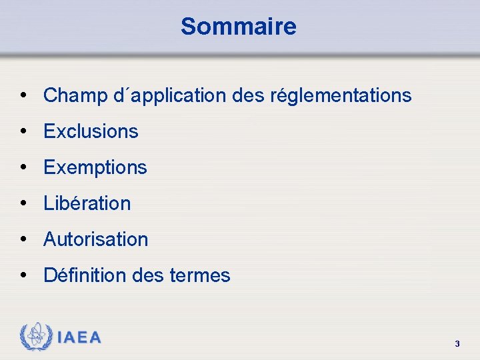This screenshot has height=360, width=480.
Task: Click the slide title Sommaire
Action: tap(238, 27)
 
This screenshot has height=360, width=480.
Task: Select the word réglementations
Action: tap(341, 96)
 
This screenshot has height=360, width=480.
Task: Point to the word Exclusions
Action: tap(91, 131)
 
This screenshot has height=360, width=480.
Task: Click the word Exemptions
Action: tap(95, 167)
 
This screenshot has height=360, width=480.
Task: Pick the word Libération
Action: tap(87, 203)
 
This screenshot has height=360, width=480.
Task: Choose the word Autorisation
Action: tap(95, 239)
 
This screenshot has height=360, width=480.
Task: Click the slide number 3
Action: tap(457, 344)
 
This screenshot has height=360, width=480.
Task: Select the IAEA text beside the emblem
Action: tap(79, 337)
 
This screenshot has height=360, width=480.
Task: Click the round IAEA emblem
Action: tap(36, 337)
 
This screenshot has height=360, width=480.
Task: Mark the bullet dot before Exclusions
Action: tap(24, 131)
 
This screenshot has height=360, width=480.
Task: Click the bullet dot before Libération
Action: tap(24, 203)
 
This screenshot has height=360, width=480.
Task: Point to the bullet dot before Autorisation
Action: tap(24, 239)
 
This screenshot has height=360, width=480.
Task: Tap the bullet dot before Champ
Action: tap(24, 95)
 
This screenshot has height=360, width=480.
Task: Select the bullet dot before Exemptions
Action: tap(24, 167)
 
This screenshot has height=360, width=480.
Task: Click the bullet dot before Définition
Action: tap(24, 275)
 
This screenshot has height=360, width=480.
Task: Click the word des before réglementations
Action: tap(248, 96)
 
